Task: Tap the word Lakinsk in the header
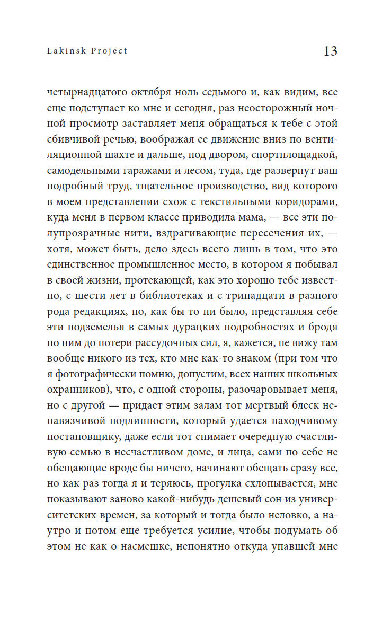coord(64,51)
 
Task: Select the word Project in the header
coord(110,51)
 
